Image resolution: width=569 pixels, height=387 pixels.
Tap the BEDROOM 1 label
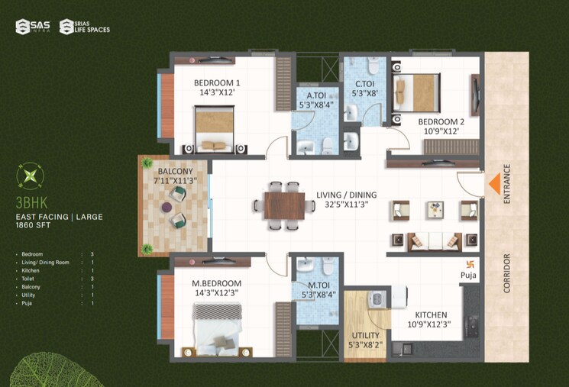click(x=216, y=83)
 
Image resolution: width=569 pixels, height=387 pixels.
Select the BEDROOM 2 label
click(x=441, y=121)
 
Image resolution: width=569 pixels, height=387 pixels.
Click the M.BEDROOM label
click(x=216, y=282)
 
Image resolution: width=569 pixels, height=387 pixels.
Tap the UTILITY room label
click(x=364, y=335)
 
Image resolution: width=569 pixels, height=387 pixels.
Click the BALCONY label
click(x=175, y=171)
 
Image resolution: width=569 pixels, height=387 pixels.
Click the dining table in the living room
click(x=284, y=205)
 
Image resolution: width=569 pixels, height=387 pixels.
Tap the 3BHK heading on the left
click(x=30, y=205)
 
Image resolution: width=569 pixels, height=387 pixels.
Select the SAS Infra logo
click(x=33, y=27)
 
